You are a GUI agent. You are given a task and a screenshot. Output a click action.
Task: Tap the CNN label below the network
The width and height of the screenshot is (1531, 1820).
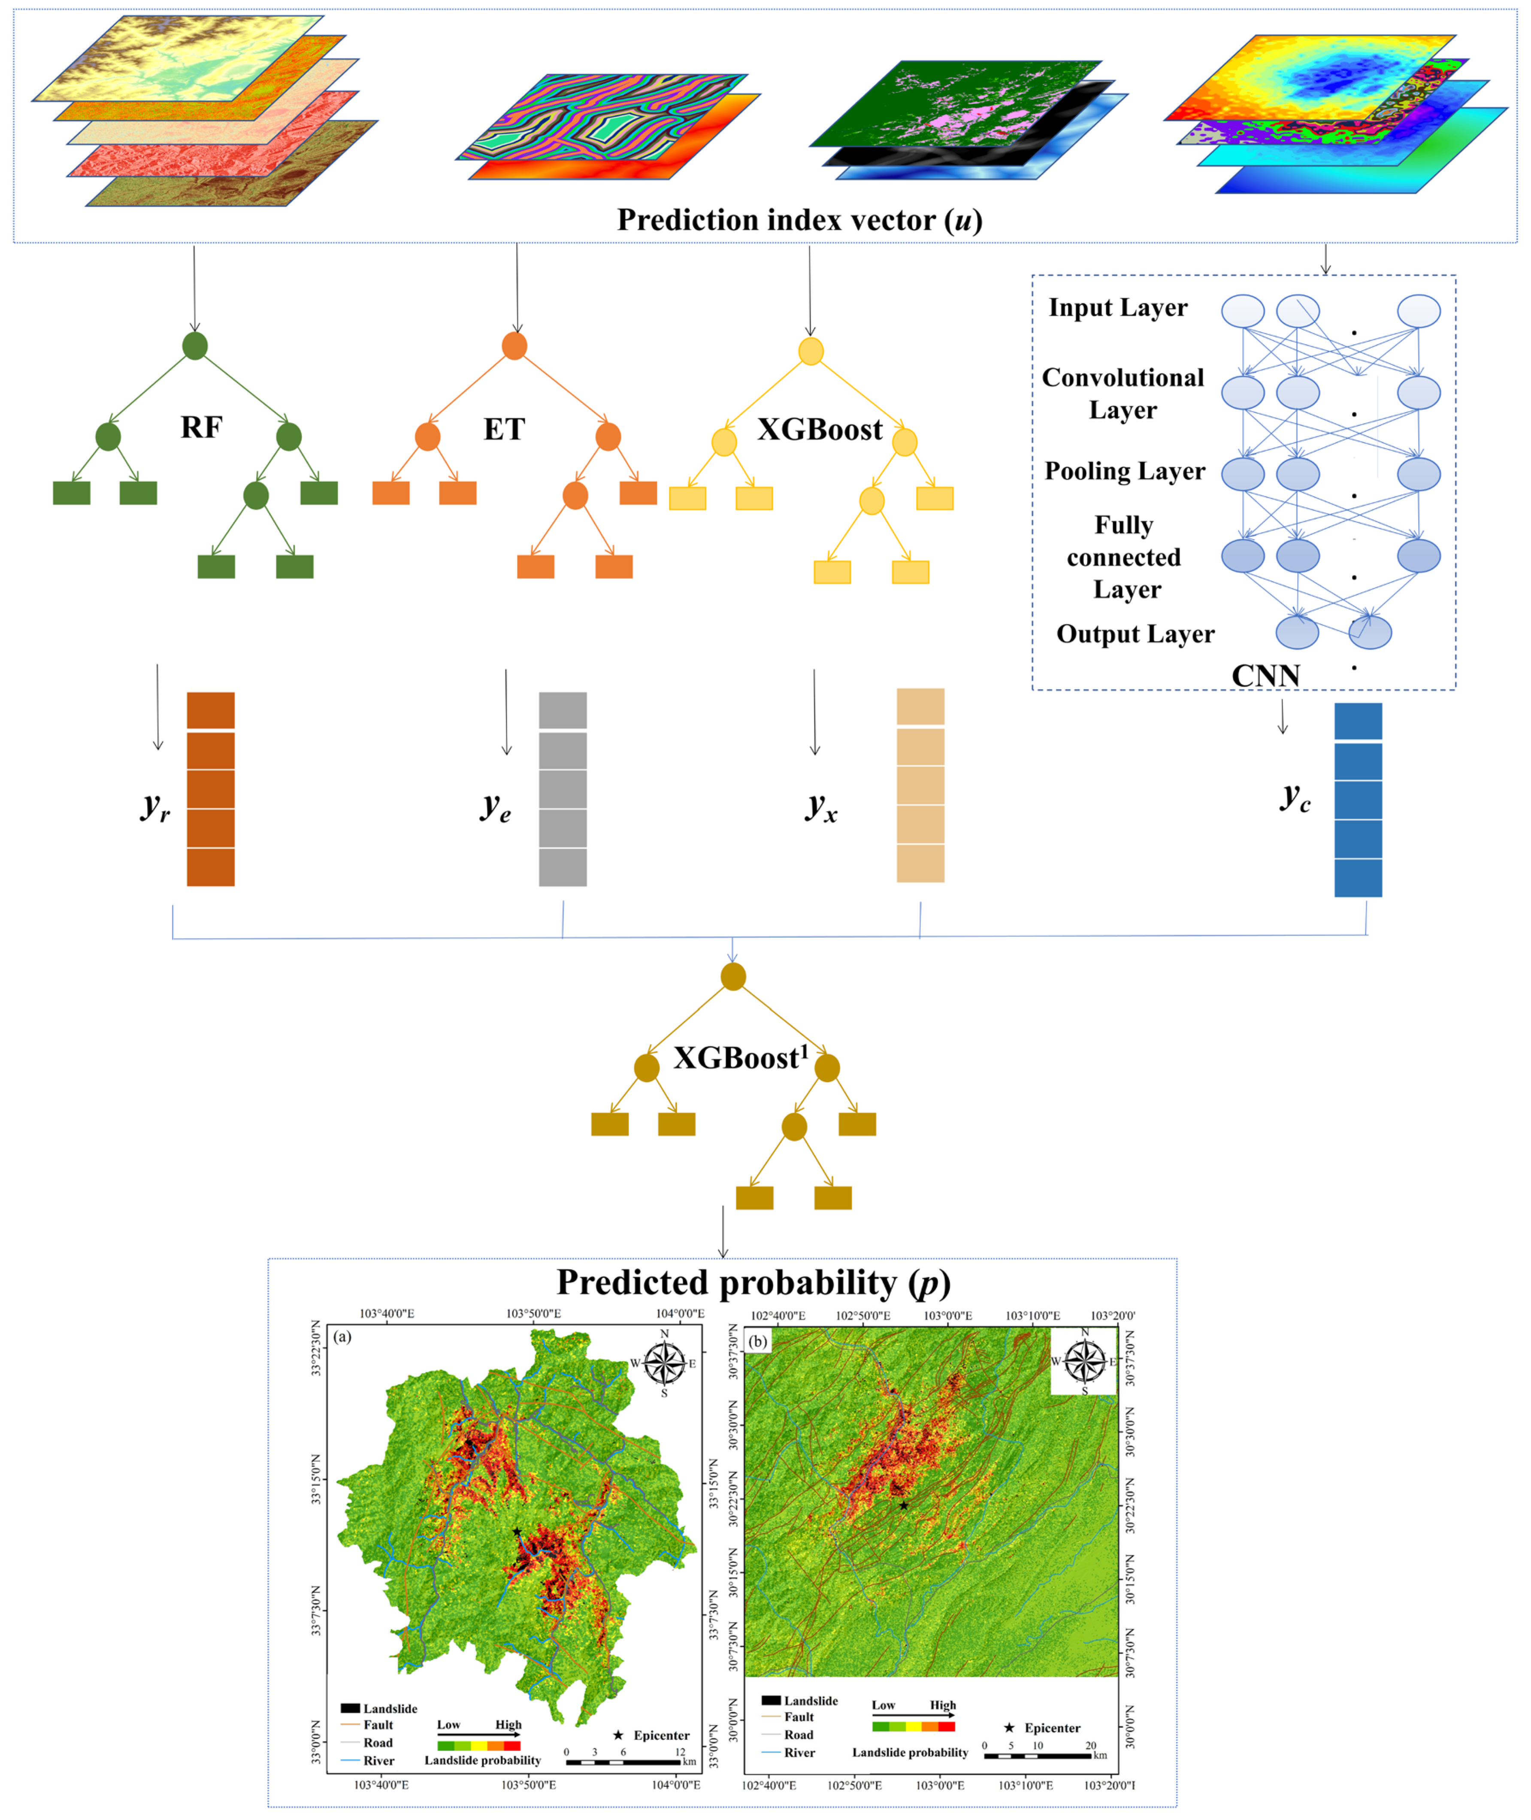point(1265,675)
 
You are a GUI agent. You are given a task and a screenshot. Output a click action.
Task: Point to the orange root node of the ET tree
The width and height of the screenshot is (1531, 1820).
point(514,345)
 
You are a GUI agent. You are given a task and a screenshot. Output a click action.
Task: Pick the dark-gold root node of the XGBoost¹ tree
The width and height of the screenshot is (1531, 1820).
point(733,976)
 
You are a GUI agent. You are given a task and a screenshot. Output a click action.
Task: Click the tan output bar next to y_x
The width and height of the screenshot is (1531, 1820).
point(920,785)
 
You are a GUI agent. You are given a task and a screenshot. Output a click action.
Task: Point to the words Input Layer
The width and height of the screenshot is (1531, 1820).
point(1118,308)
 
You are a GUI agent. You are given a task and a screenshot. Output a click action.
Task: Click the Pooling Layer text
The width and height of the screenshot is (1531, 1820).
point(1125,471)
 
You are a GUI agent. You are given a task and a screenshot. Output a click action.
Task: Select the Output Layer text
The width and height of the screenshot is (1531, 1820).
point(1135,634)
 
